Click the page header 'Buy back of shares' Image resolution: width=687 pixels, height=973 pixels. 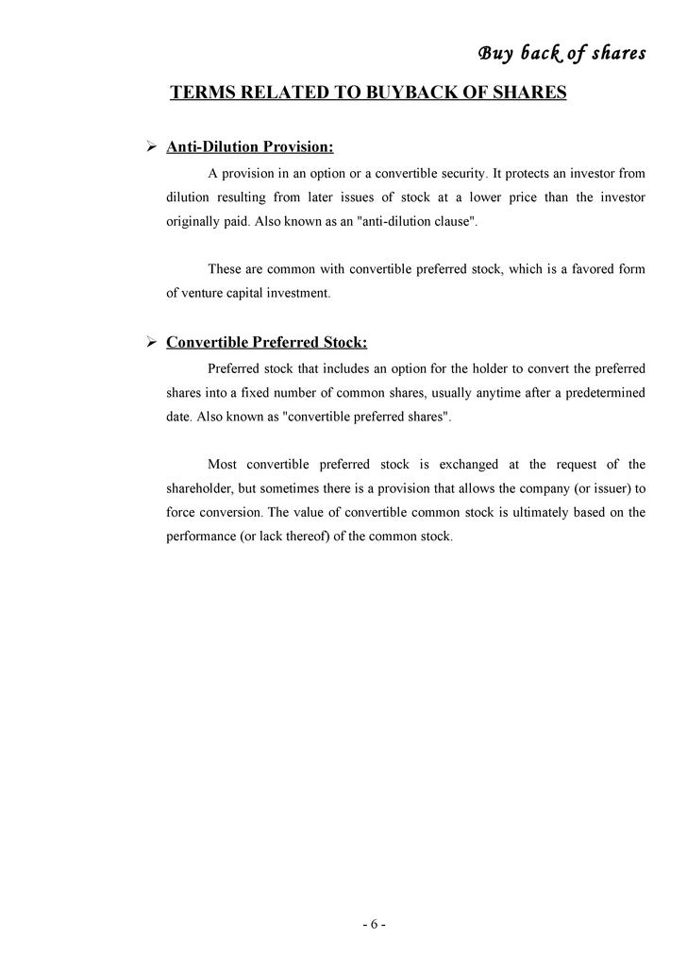coord(561,53)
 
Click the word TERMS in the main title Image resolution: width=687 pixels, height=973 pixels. coord(199,94)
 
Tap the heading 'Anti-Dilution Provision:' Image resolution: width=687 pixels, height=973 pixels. coord(250,147)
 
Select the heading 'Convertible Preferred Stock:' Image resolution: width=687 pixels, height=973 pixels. coord(267,342)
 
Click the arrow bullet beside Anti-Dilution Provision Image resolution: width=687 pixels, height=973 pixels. coord(149,147)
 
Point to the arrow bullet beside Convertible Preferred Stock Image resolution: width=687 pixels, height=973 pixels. coord(149,342)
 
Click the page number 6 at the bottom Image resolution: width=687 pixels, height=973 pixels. coord(373,924)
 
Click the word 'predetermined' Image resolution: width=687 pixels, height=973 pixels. coord(600,393)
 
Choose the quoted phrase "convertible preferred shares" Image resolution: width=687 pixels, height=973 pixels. coord(366,418)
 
